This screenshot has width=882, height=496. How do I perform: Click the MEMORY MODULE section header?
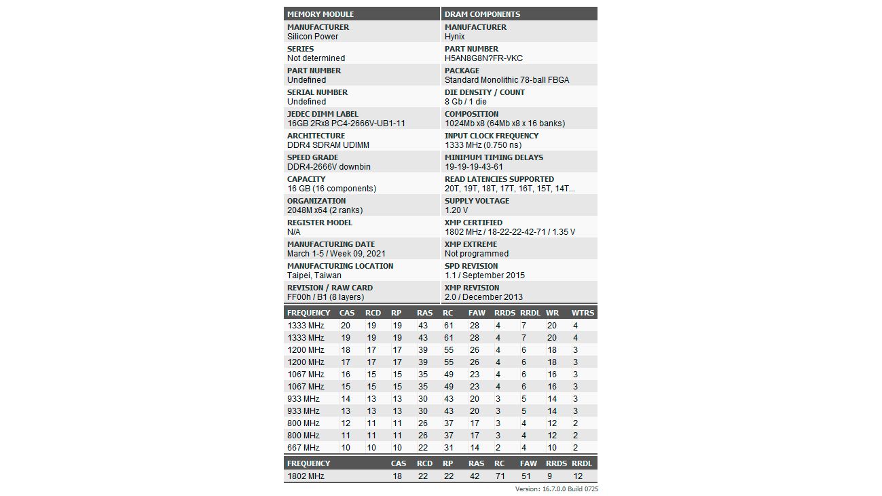tap(320, 14)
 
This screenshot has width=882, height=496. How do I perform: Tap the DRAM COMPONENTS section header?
tap(482, 14)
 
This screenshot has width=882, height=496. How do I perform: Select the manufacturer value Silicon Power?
tap(312, 37)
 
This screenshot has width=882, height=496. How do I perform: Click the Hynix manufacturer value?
tap(455, 37)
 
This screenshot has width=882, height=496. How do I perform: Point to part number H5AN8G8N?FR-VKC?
tap(483, 58)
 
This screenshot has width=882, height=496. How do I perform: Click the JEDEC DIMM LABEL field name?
tap(323, 114)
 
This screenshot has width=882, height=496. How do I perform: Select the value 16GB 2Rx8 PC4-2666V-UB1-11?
tap(346, 123)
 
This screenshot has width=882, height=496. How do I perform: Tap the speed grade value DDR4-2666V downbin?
tap(329, 167)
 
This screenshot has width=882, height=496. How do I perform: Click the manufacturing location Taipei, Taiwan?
tap(314, 275)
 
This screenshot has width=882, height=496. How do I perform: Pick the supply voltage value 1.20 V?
tap(456, 210)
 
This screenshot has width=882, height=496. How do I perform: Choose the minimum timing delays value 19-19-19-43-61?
tap(474, 167)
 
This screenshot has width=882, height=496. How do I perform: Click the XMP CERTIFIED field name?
tap(473, 223)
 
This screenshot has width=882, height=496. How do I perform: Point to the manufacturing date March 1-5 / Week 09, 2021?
tap(336, 254)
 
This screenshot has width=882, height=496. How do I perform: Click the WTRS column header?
tap(583, 313)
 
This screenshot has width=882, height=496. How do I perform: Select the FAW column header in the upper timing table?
tap(476, 313)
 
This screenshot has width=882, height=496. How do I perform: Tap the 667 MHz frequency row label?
tap(303, 448)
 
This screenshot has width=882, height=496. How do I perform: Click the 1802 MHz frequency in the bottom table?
tap(306, 476)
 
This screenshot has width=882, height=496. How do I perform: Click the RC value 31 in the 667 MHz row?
tap(448, 448)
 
